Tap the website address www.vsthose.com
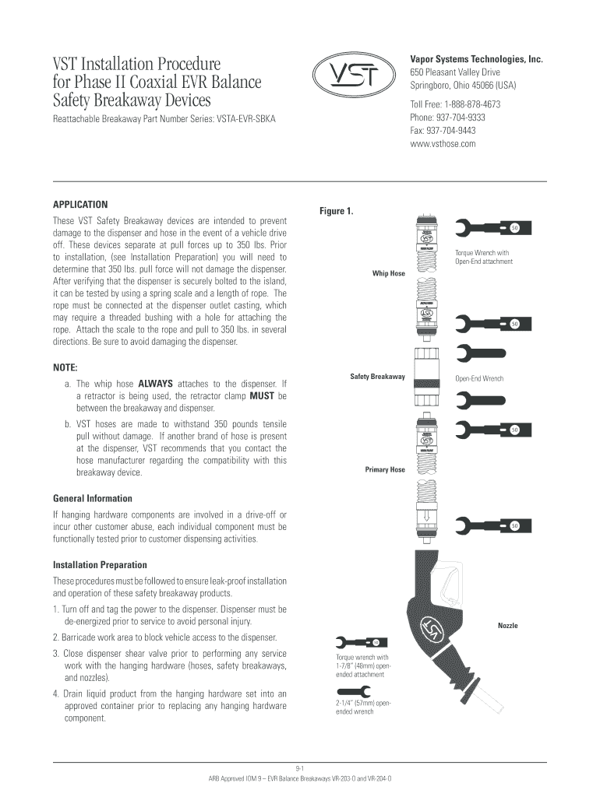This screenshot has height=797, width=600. tap(443, 144)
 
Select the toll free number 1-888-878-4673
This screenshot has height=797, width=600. tap(455, 104)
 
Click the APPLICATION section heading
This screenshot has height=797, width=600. tap(80, 205)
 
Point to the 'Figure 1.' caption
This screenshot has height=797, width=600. tap(337, 211)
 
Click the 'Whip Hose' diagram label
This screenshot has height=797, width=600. tap(388, 273)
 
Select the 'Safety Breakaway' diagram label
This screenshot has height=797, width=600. tap(377, 377)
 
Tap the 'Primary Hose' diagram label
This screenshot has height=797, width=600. tap(385, 469)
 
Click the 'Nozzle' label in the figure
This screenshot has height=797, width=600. tap(507, 625)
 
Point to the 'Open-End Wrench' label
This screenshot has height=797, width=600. tap(479, 378)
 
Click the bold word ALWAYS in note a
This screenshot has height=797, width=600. tap(155, 384)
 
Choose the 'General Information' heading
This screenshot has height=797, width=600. tap(92, 498)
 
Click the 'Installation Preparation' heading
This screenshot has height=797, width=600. tap(100, 565)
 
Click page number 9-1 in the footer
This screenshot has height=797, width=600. tap(300, 768)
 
